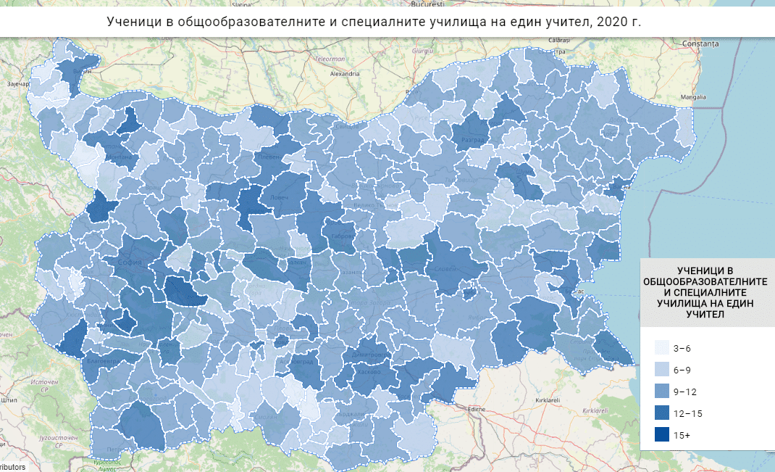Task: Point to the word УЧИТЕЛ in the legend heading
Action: pyautogui.click(x=706, y=314)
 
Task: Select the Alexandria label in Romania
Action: pyautogui.click(x=345, y=74)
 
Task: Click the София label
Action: pyautogui.click(x=131, y=262)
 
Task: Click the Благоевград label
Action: pyautogui.click(x=100, y=360)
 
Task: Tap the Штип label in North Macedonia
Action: pyautogui.click(x=9, y=399)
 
